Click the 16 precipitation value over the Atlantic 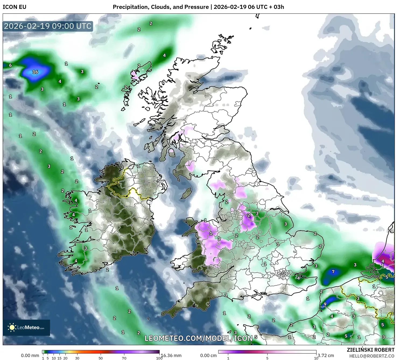coord(35,72)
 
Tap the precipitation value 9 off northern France coord(325,304)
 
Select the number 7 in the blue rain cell coord(333,272)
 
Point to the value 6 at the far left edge coord(10,65)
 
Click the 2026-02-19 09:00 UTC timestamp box coord(48,26)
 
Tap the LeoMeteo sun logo coord(12,327)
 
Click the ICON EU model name coord(15,7)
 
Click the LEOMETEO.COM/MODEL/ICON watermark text coord(198,338)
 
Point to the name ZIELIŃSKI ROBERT coord(370,350)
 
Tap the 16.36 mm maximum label coord(171,356)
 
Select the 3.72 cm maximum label coord(326,356)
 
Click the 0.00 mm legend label coord(30,356)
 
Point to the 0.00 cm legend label coord(209,356)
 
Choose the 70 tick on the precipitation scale coord(124,358)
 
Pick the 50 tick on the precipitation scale coord(101,358)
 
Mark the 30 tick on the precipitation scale coord(77,358)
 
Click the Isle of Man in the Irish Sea coord(186,193)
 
